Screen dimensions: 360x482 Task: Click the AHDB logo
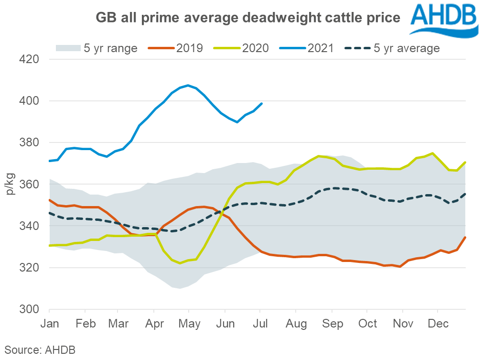click(x=442, y=20)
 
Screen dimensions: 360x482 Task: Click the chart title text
click(x=247, y=18)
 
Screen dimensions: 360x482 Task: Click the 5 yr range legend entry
click(x=96, y=48)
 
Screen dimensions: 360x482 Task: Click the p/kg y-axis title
click(x=11, y=184)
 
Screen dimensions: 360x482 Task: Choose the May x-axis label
click(x=189, y=324)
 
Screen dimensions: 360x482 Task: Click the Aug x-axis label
click(x=296, y=324)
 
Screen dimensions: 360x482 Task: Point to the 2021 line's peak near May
click(x=188, y=86)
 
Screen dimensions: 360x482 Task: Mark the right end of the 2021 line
click(x=262, y=103)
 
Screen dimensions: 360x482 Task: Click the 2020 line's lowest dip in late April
click(x=180, y=263)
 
